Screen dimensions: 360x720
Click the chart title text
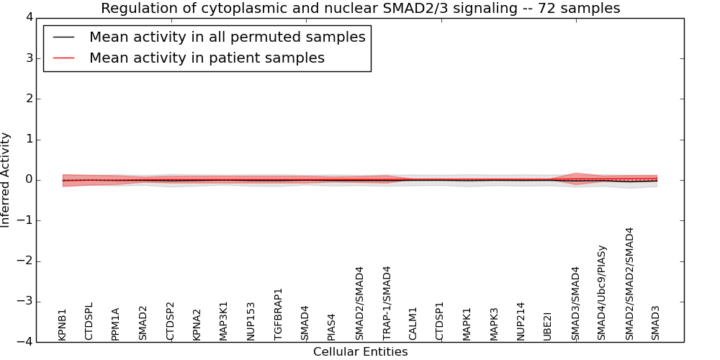(x=360, y=9)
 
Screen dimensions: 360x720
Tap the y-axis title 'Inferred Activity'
(x=6, y=180)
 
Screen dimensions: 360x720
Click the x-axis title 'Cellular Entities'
(x=360, y=352)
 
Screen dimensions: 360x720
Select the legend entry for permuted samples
(x=227, y=37)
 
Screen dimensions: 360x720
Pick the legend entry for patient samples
(x=207, y=58)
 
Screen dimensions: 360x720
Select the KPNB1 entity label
(x=63, y=324)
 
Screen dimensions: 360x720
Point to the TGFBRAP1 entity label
(x=279, y=314)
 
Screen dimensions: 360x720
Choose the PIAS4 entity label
(x=332, y=326)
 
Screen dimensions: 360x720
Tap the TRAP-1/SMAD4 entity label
(x=387, y=302)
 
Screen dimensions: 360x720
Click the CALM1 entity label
(x=413, y=323)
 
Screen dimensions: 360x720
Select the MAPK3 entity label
(x=495, y=323)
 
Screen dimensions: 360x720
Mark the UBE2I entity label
(x=548, y=325)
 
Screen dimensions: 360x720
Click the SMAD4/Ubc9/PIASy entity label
(x=603, y=292)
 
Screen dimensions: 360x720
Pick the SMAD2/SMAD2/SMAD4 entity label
(x=630, y=284)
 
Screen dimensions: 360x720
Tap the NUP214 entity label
(x=521, y=320)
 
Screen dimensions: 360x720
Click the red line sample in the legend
(x=63, y=58)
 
